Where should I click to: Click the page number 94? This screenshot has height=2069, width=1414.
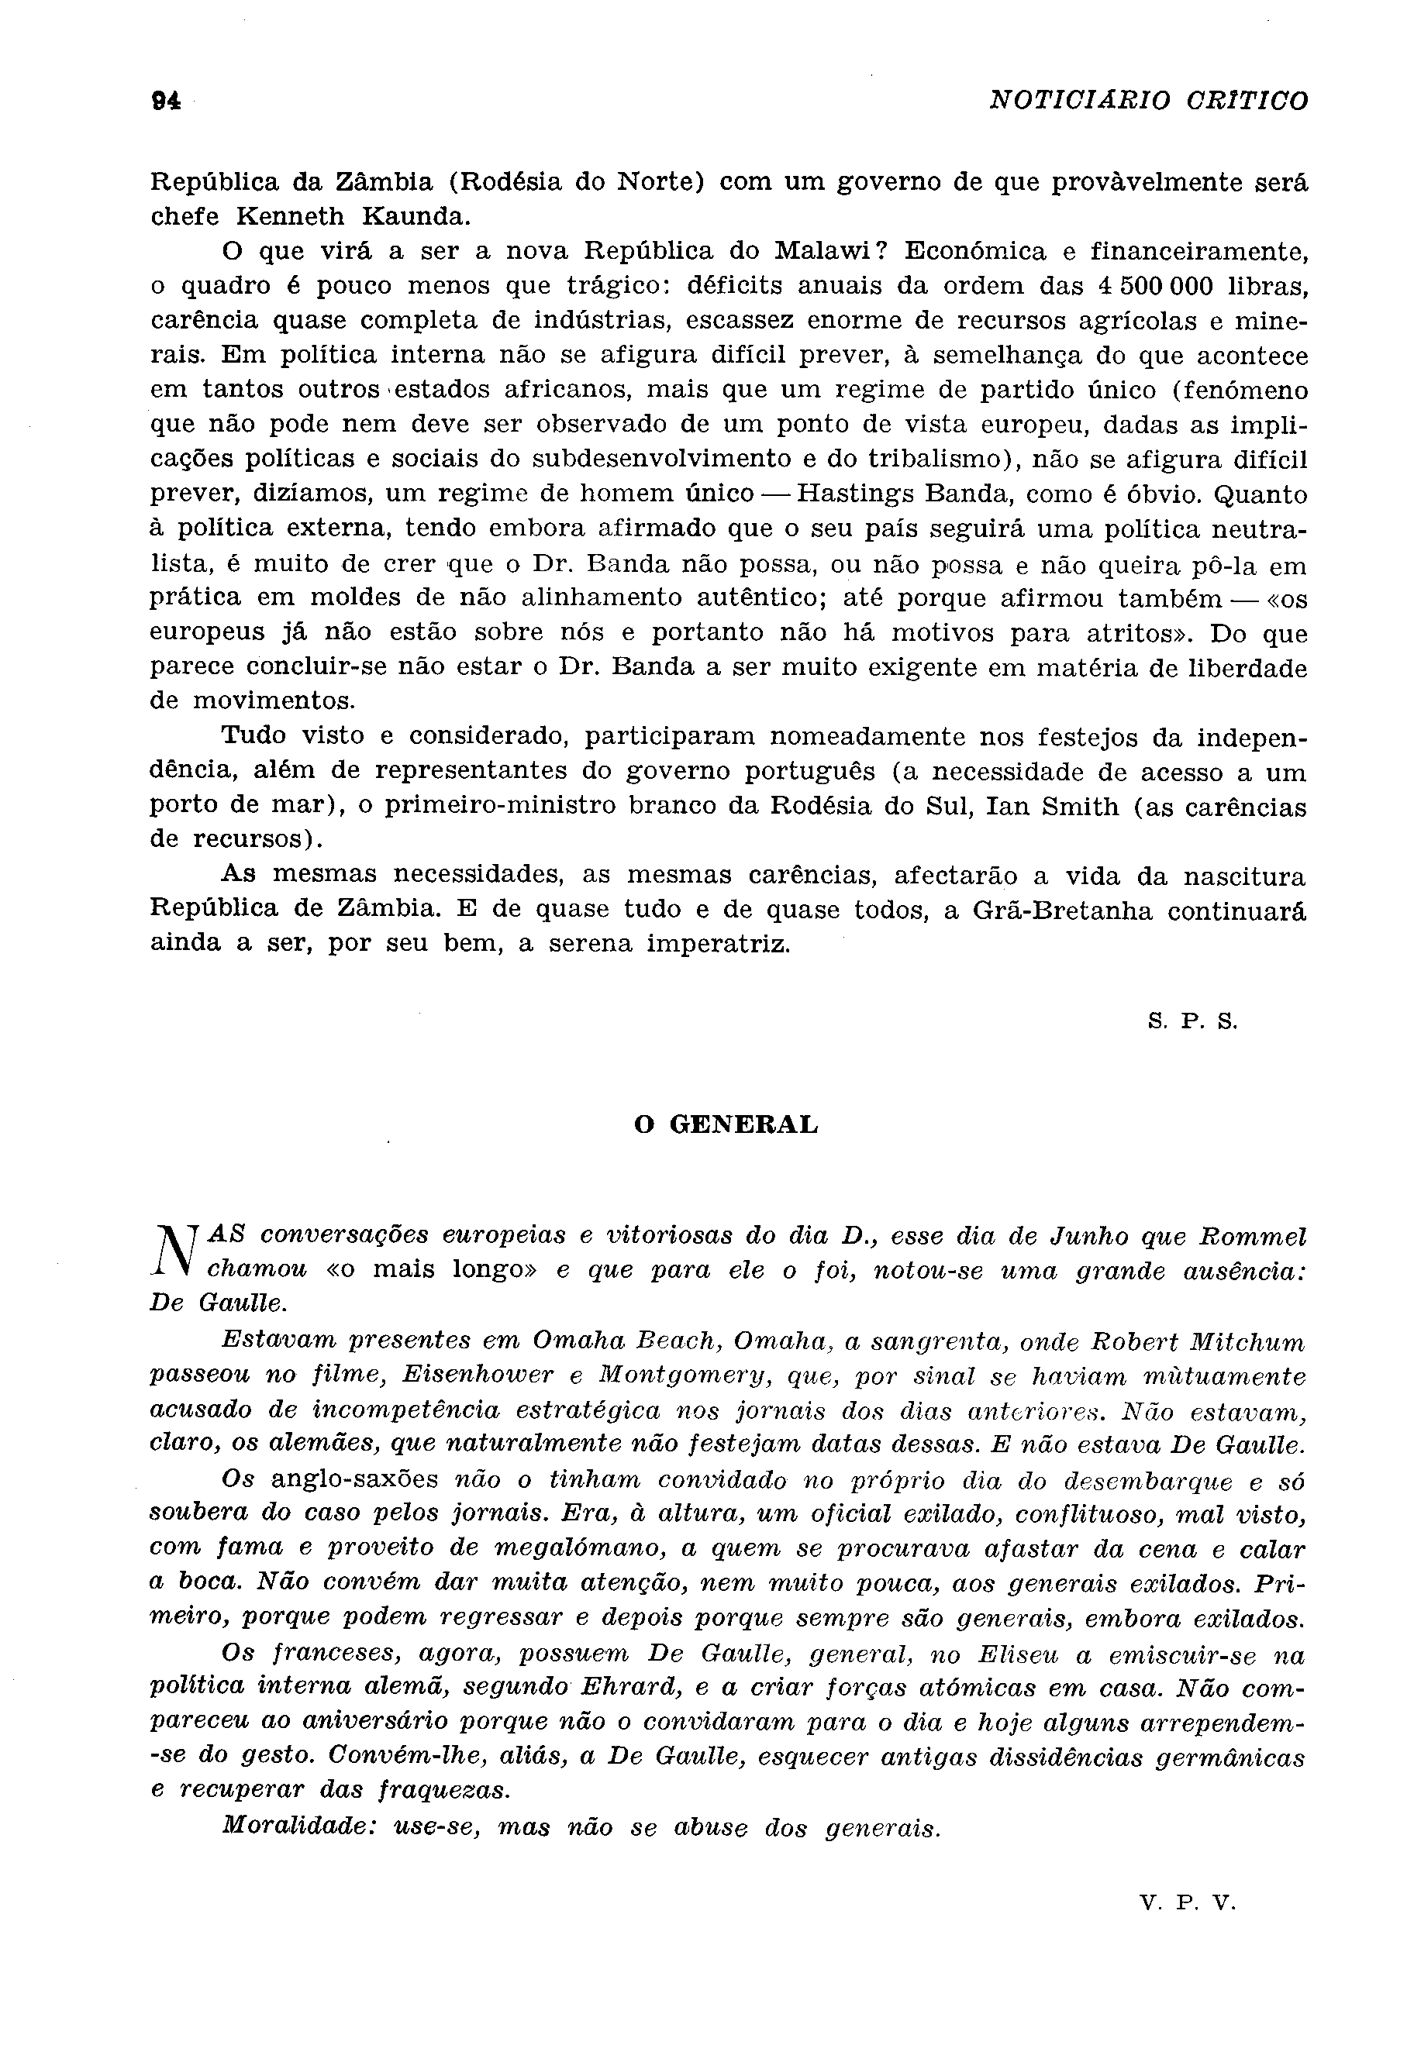166,102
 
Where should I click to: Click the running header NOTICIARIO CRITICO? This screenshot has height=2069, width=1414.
1149,101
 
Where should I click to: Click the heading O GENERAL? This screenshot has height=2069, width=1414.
726,1125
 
